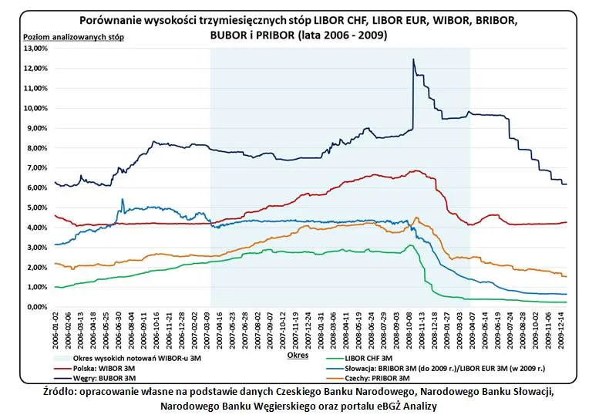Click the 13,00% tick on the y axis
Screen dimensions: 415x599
[x=36, y=48]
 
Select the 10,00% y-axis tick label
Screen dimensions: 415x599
[x=36, y=108]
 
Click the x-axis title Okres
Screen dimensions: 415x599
[x=298, y=356]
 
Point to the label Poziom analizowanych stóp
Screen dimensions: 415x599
[x=73, y=37]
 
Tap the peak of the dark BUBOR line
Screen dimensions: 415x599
[x=413, y=59]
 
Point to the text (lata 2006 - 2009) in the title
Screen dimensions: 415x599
[x=349, y=35]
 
